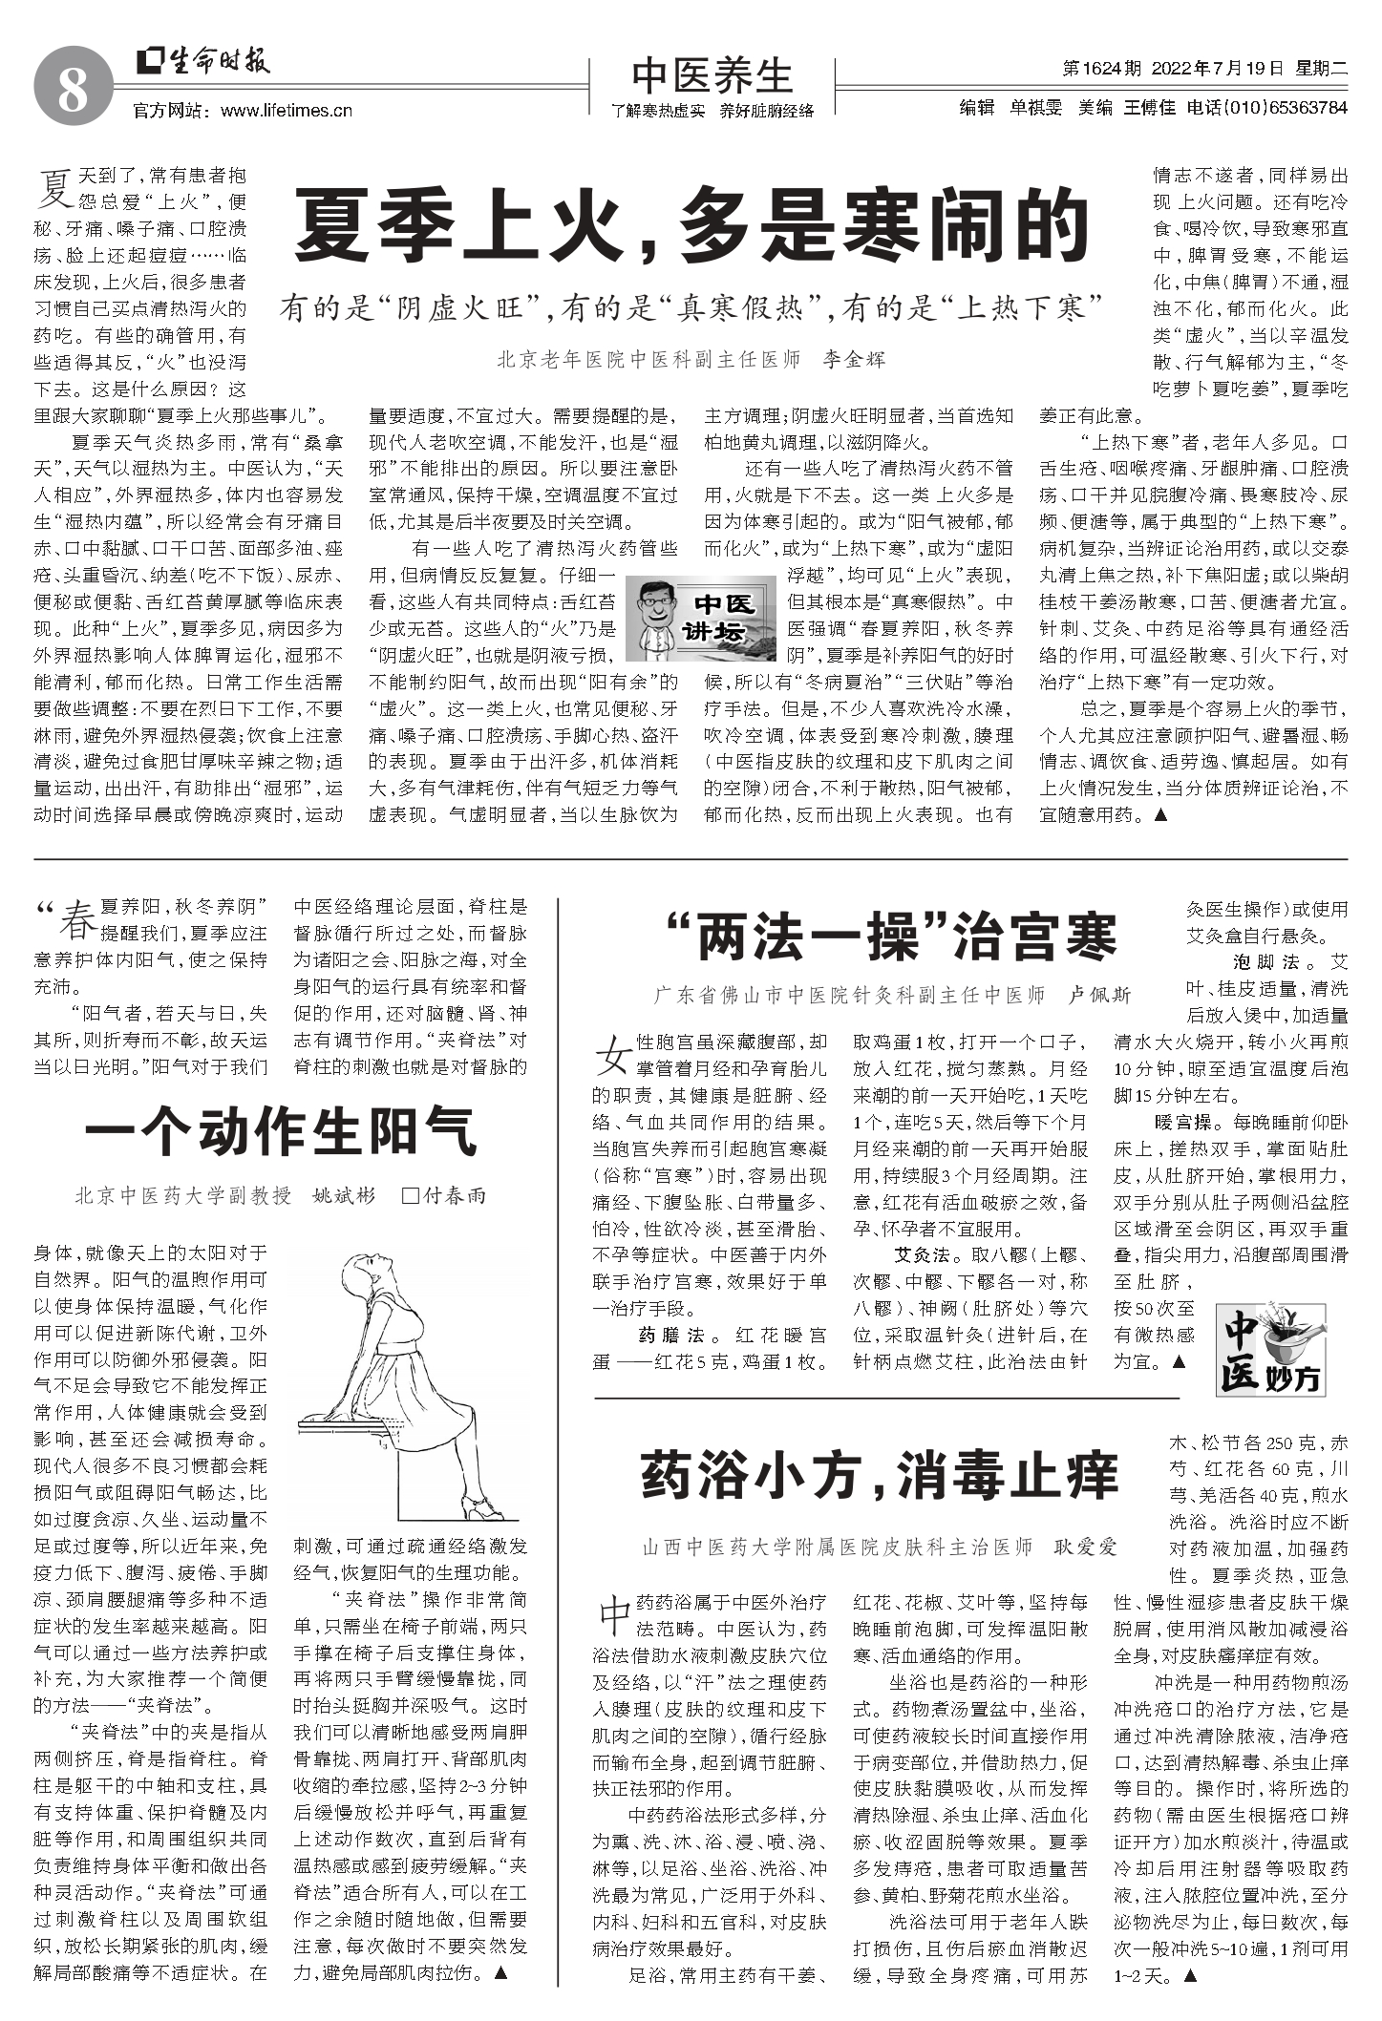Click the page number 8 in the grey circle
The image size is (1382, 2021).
click(73, 93)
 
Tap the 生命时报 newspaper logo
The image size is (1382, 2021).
click(203, 61)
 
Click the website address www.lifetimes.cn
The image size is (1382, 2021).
click(286, 111)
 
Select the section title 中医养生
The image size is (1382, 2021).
click(712, 74)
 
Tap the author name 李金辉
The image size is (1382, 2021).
click(854, 360)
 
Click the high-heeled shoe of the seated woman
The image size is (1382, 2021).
click(482, 1507)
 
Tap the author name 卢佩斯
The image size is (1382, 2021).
click(1098, 995)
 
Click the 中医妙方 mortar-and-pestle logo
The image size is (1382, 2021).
click(1270, 1345)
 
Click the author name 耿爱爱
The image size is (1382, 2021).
click(1085, 1547)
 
